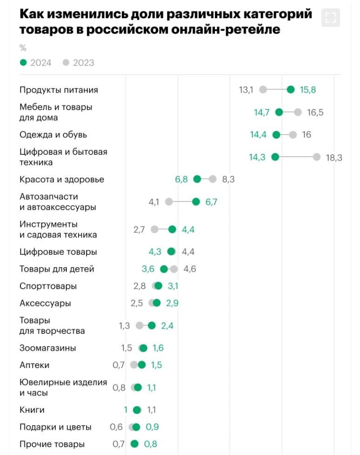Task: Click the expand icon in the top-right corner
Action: (x=331, y=18)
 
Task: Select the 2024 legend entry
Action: (x=36, y=63)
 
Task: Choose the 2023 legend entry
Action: (x=78, y=63)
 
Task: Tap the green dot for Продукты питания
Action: (x=291, y=90)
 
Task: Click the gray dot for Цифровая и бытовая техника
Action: (x=317, y=157)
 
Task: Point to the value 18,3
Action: (x=334, y=158)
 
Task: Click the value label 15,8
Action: (x=308, y=90)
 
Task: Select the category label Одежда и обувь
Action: (x=53, y=135)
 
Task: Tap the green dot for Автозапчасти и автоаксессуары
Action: (x=196, y=202)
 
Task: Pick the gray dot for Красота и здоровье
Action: (x=213, y=179)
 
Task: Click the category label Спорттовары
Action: (x=48, y=286)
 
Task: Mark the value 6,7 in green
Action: (x=211, y=202)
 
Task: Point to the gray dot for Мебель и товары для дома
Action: (x=298, y=112)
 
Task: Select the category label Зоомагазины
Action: (x=47, y=348)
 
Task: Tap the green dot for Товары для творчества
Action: (x=152, y=325)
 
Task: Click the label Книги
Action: (x=32, y=410)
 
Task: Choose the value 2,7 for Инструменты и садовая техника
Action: (x=139, y=229)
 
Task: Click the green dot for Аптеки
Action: (x=142, y=365)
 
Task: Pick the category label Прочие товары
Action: (x=52, y=444)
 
